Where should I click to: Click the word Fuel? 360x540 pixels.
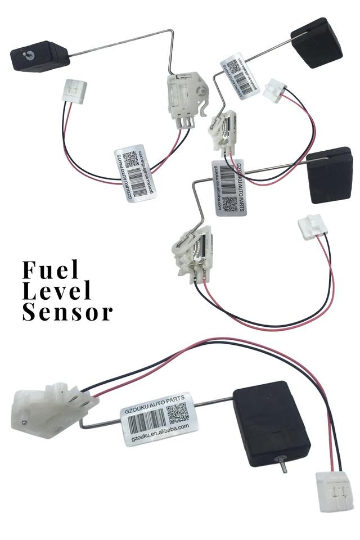pyautogui.click(x=51, y=270)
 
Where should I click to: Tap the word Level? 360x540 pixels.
pyautogui.click(x=56, y=291)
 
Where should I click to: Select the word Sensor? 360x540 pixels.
pyautogui.click(x=67, y=312)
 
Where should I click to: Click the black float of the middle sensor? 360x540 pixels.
pyautogui.click(x=330, y=175)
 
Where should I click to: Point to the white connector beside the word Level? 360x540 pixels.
pyautogui.click(x=312, y=226)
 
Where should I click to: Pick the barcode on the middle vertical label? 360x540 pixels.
pyautogui.click(x=227, y=178)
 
